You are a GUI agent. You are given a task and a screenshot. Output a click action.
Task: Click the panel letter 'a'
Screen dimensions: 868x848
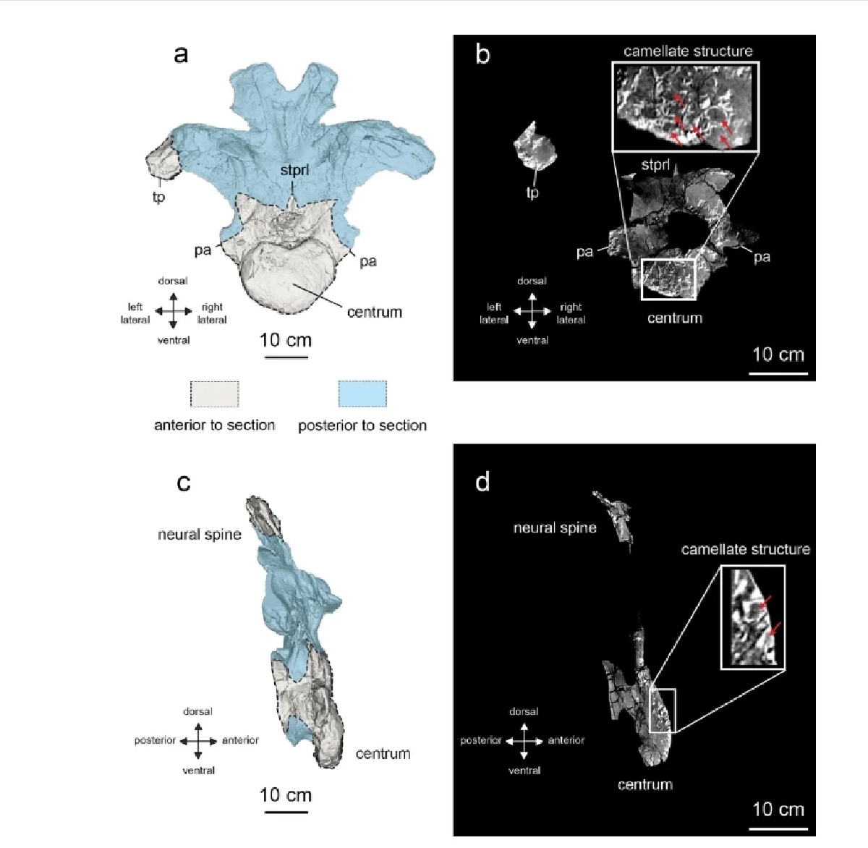click(181, 55)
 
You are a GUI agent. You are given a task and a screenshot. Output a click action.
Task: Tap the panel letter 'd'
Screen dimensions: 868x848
click(482, 482)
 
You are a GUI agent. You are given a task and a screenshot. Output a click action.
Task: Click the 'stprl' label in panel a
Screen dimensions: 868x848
click(294, 170)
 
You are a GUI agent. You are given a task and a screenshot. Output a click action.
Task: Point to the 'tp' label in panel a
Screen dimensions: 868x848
click(159, 198)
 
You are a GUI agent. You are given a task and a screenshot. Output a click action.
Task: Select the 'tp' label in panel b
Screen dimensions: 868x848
click(532, 192)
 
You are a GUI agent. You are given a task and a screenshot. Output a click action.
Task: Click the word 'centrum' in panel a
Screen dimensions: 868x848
click(374, 312)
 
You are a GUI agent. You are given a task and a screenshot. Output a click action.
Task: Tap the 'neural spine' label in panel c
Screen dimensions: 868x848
click(200, 535)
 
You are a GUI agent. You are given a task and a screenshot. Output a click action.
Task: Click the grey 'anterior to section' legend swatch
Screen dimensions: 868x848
click(215, 394)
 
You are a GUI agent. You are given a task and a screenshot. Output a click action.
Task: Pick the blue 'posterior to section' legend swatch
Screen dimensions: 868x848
click(362, 394)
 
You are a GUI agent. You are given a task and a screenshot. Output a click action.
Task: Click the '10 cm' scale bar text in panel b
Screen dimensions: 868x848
click(778, 355)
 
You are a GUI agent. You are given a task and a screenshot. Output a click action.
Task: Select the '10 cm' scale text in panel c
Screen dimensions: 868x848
click(286, 795)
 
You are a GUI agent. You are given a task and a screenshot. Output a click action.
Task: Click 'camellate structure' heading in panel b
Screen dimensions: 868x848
click(688, 51)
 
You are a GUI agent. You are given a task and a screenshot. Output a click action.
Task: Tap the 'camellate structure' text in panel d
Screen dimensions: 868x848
click(745, 549)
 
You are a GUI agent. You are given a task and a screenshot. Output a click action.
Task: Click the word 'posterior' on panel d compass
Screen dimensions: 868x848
click(481, 740)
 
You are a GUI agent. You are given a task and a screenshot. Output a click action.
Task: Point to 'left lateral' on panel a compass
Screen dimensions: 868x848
click(135, 313)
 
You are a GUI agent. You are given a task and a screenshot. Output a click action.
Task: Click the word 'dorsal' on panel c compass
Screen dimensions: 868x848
click(197, 711)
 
